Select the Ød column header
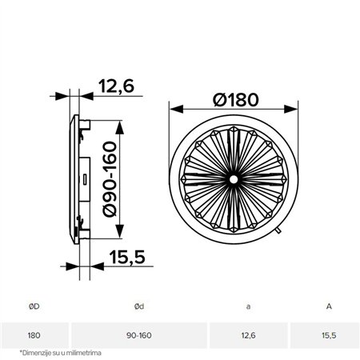pos(140,304)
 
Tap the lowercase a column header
pos(248,304)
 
